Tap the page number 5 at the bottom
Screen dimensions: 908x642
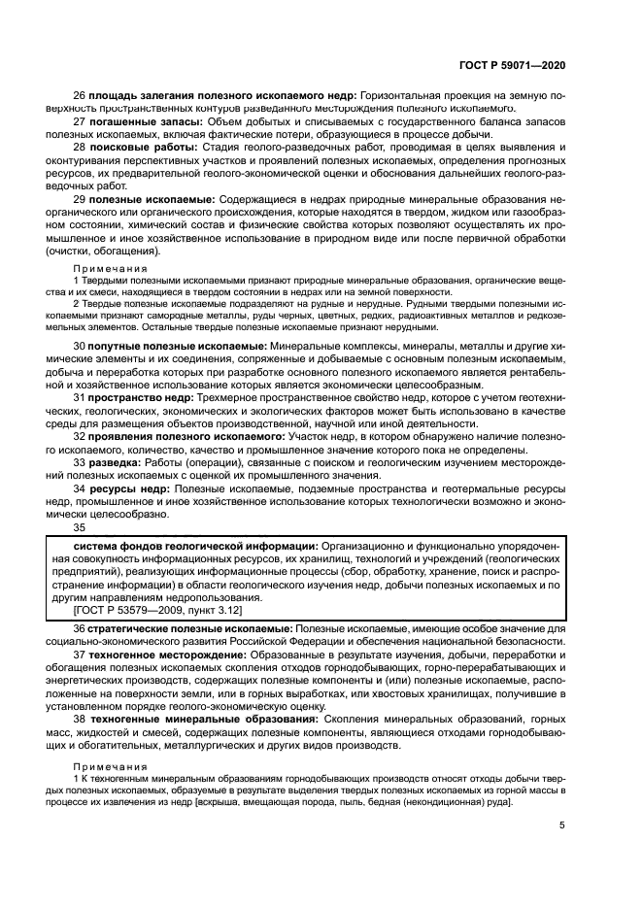point(562,826)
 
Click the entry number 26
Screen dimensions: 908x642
point(80,96)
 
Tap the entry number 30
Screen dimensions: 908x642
point(80,346)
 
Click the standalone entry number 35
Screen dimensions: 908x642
point(80,527)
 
